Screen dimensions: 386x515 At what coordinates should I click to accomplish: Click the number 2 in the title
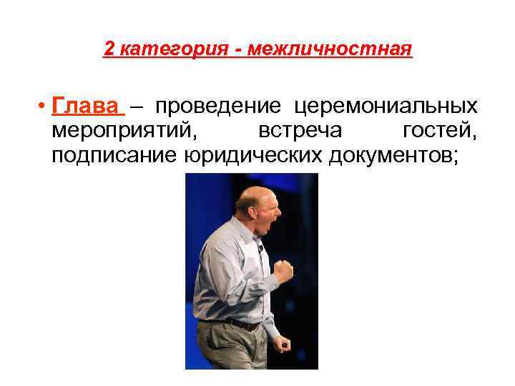point(109,49)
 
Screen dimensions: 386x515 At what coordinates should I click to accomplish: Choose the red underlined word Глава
point(85,107)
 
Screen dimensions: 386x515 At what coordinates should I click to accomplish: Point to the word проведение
point(218,107)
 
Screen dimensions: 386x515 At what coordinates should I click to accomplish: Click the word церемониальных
point(386,107)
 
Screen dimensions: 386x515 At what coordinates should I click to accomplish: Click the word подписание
point(112,157)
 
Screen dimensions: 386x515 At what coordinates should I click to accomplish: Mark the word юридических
point(254,157)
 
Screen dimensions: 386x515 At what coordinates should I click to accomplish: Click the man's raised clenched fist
point(284,270)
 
